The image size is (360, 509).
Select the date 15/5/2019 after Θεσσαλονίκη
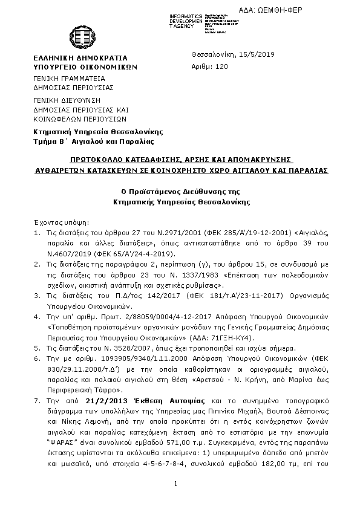click(257, 54)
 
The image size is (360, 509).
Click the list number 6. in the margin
click(36, 359)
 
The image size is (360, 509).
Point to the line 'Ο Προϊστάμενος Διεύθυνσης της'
click(180, 191)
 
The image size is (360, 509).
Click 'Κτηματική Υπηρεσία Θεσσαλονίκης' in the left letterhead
click(98, 131)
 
